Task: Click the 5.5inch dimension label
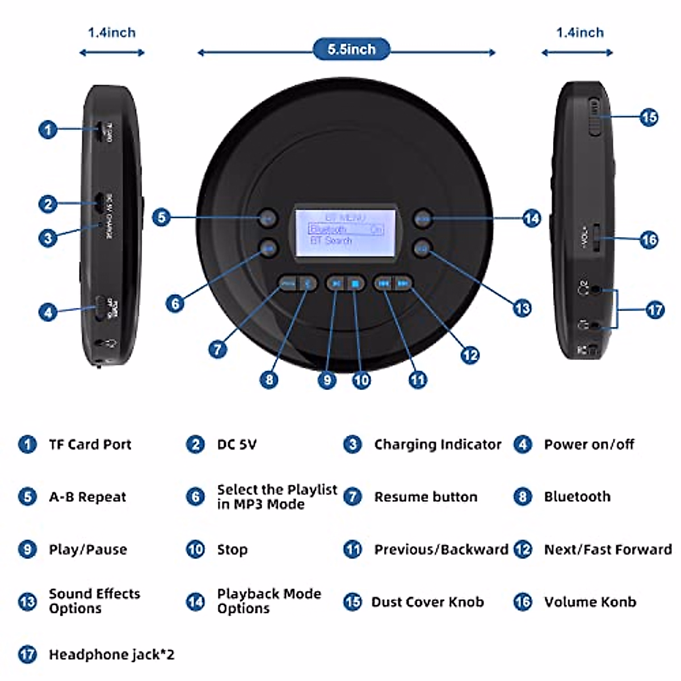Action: [x=351, y=49]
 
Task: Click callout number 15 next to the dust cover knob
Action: [x=649, y=117]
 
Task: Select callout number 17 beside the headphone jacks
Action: [x=654, y=310]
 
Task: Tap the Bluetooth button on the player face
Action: [x=307, y=283]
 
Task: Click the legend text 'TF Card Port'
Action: [x=90, y=444]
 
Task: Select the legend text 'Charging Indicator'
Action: [x=438, y=444]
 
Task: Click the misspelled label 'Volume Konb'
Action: [x=590, y=602]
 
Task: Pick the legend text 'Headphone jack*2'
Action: [x=111, y=654]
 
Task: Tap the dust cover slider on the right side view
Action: [x=595, y=116]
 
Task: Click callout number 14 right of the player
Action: [x=531, y=218]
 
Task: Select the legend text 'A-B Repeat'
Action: [x=87, y=497]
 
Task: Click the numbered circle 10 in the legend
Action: [x=195, y=549]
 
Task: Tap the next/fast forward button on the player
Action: [x=403, y=283]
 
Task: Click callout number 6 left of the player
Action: [x=175, y=304]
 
